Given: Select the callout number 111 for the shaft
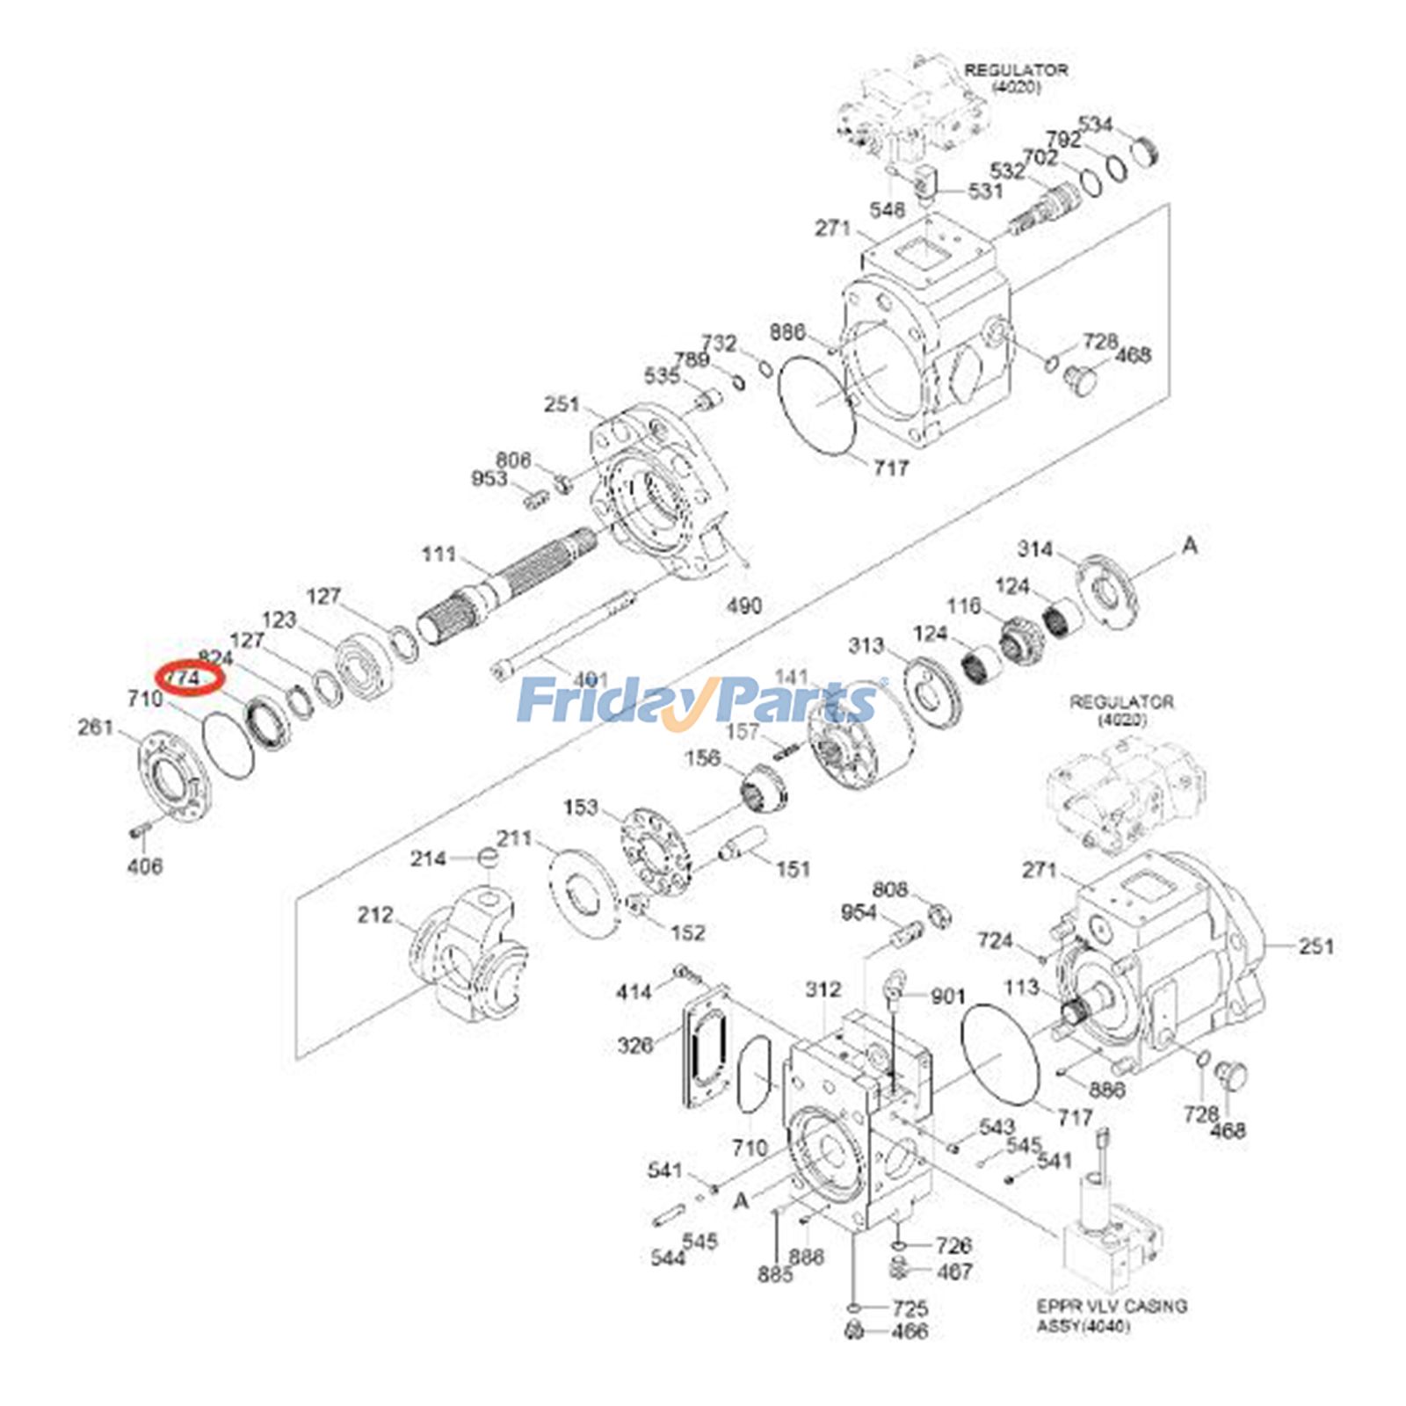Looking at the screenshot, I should (438, 554).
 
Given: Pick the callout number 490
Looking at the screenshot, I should (743, 605).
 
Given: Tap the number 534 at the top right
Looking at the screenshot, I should (1095, 124).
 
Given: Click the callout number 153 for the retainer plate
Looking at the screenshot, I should (580, 807).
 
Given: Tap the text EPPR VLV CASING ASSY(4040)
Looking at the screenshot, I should (1111, 1315).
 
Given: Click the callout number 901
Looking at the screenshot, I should (947, 996).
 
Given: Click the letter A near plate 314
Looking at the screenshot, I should (1189, 546).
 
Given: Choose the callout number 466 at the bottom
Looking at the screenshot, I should (909, 1331).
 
